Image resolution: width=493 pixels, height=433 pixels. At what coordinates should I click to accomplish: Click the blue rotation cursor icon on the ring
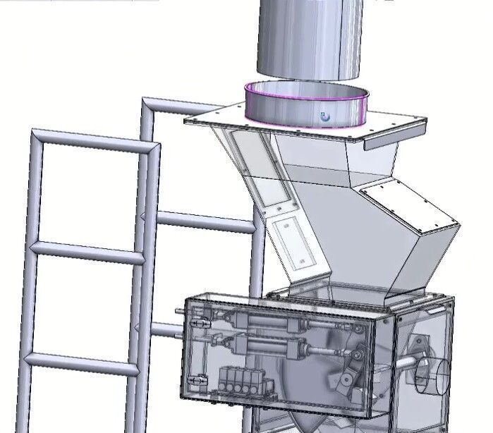tap(325, 117)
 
